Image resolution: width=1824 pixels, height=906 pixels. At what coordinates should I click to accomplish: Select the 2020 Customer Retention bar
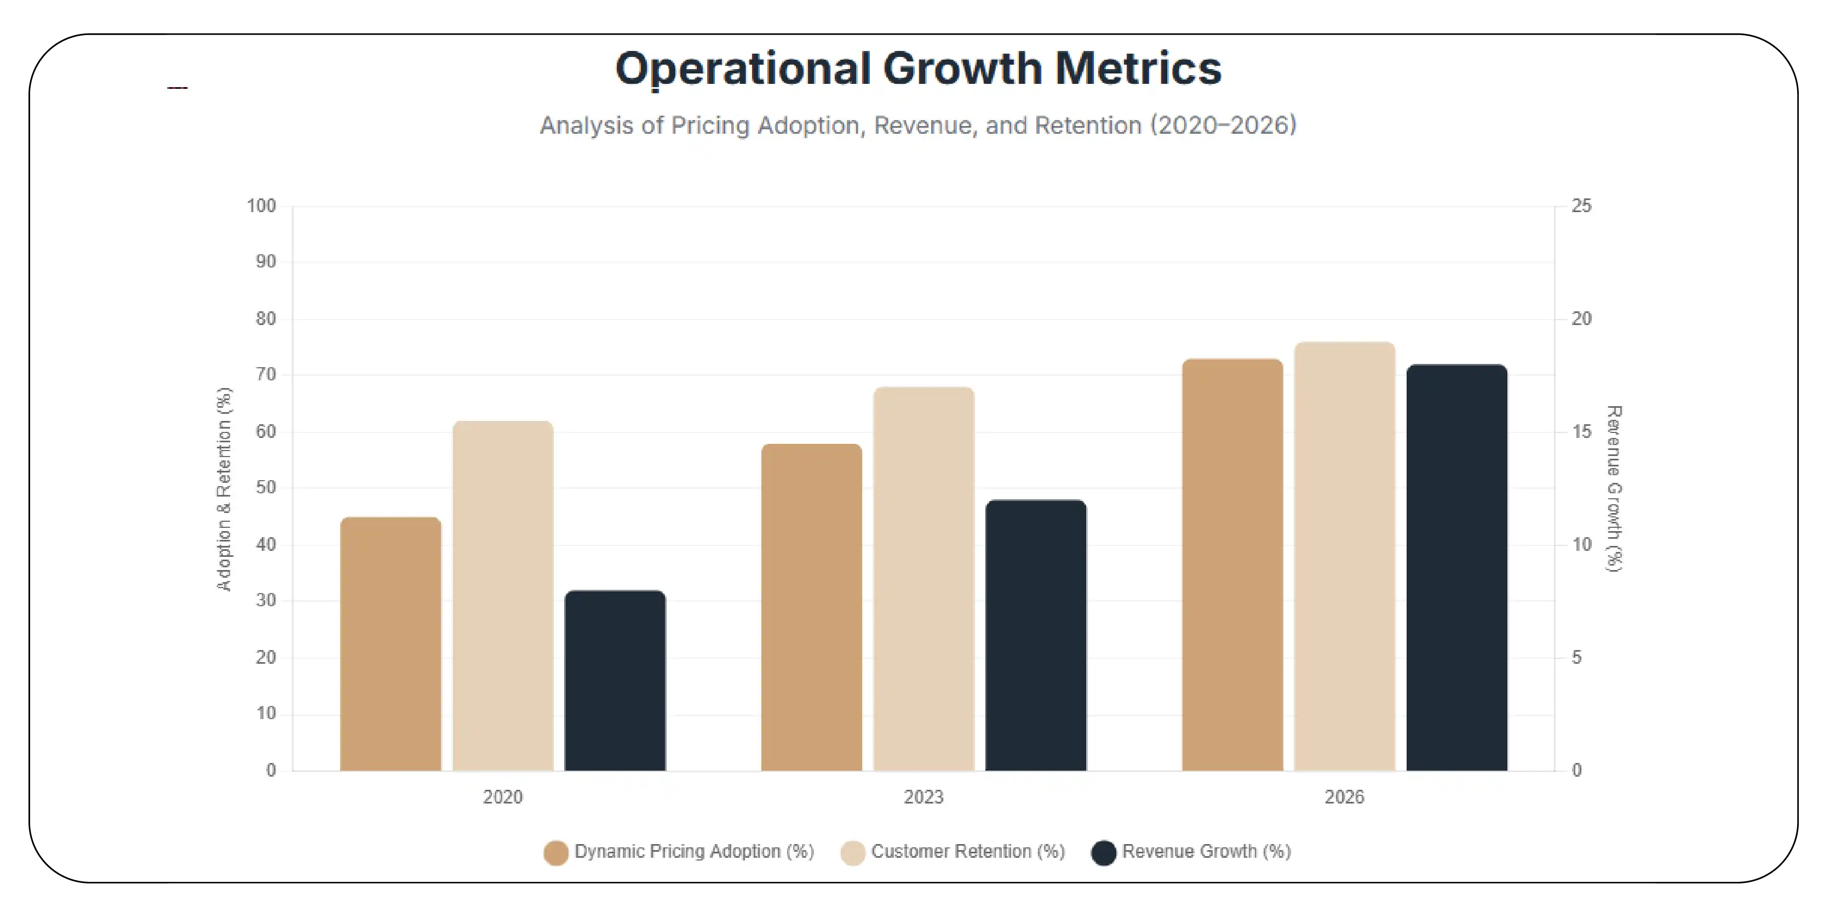click(503, 595)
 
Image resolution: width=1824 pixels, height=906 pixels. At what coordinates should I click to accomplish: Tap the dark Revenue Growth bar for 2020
click(615, 680)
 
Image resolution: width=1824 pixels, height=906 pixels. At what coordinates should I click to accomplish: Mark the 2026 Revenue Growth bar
click(1456, 567)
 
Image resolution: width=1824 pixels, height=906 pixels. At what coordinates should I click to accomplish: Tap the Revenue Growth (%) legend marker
click(1103, 853)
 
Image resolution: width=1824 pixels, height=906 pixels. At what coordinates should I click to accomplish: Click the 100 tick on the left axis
click(261, 206)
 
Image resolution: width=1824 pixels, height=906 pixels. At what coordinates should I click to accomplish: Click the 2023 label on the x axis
click(924, 797)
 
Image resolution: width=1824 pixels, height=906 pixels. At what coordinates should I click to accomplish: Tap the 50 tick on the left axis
click(266, 487)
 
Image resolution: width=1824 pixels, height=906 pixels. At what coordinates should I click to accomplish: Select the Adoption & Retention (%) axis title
click(223, 489)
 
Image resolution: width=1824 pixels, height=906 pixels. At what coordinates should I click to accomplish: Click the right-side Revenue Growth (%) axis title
click(1614, 489)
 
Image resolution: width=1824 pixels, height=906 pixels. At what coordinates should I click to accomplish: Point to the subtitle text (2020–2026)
click(1223, 126)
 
